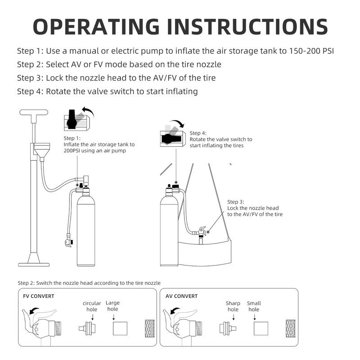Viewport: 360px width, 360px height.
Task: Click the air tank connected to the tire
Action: coord(169,229)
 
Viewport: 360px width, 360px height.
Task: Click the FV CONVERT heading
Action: coord(38,296)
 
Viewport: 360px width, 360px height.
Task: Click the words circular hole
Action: coord(92,306)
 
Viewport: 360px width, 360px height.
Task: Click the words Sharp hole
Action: coord(233,306)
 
